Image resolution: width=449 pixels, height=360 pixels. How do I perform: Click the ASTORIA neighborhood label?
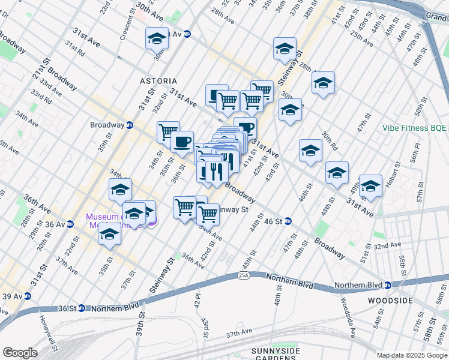click(158, 80)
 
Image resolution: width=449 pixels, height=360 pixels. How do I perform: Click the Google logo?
click(20, 353)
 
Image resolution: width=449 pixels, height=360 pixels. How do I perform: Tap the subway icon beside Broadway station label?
click(129, 125)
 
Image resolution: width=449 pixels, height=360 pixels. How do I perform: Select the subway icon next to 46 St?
click(288, 221)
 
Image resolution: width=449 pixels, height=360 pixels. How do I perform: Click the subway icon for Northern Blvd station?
click(388, 285)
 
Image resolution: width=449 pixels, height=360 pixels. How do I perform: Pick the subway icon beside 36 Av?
click(70, 224)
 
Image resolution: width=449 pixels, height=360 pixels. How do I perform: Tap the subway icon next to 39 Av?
click(28, 296)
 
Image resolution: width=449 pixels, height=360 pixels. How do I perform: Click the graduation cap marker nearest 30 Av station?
click(157, 38)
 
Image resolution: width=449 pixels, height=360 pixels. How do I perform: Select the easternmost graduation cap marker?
click(370, 185)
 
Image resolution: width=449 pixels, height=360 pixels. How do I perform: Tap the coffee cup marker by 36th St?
click(182, 142)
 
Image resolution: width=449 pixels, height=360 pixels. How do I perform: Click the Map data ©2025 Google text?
click(411, 355)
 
